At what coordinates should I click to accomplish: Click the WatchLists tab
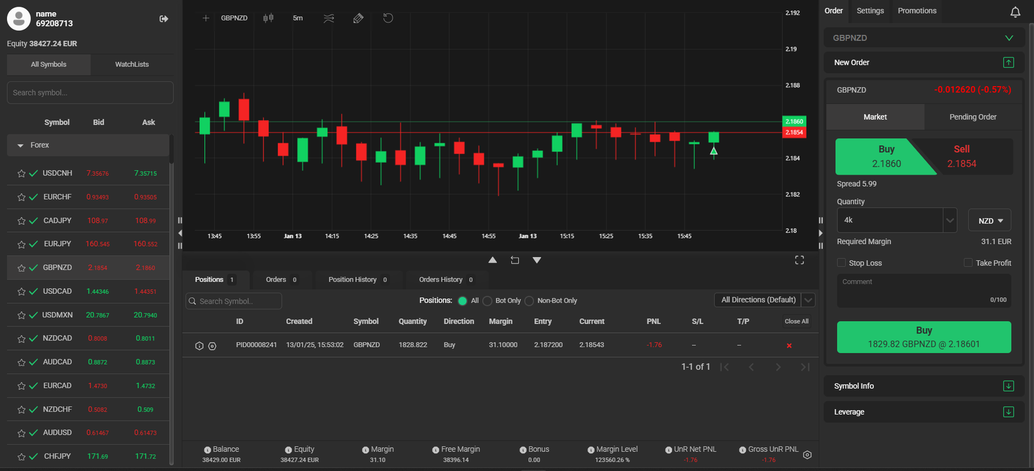pyautogui.click(x=132, y=64)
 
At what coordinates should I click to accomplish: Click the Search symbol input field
pyautogui.click(x=90, y=93)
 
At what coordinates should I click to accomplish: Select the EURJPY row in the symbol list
pyautogui.click(x=88, y=244)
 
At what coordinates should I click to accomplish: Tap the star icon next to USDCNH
pyautogui.click(x=21, y=173)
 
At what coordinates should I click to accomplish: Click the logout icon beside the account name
pyautogui.click(x=164, y=19)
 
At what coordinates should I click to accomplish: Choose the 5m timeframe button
pyautogui.click(x=298, y=18)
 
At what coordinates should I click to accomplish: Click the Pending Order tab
pyautogui.click(x=973, y=117)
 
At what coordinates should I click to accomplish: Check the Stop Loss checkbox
pyautogui.click(x=841, y=262)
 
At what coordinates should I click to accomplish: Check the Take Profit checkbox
pyautogui.click(x=968, y=262)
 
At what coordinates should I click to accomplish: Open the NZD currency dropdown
pyautogui.click(x=989, y=220)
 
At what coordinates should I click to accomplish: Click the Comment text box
pyautogui.click(x=923, y=291)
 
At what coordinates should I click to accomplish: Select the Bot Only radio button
pyautogui.click(x=487, y=301)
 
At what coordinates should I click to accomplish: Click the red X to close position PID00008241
pyautogui.click(x=789, y=346)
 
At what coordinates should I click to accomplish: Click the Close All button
pyautogui.click(x=796, y=321)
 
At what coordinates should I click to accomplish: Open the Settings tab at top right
pyautogui.click(x=870, y=10)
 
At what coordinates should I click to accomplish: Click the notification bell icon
pyautogui.click(x=1015, y=12)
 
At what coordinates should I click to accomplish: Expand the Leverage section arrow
pyautogui.click(x=1008, y=412)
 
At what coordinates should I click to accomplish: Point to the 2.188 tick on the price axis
pyautogui.click(x=792, y=85)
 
